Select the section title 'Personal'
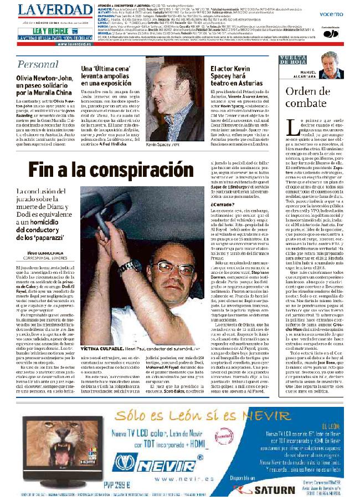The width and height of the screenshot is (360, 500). [x=38, y=64]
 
